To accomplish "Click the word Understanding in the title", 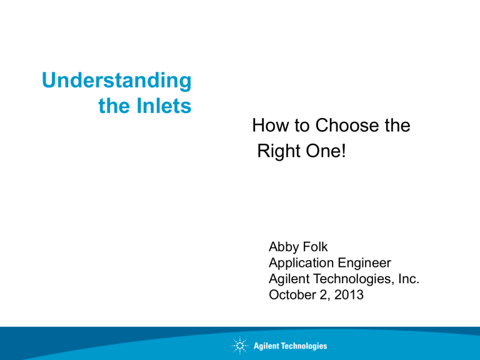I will (x=117, y=81).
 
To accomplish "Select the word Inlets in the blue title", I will (x=162, y=107).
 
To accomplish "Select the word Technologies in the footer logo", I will (x=303, y=346).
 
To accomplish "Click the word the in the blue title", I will (x=114, y=107).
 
